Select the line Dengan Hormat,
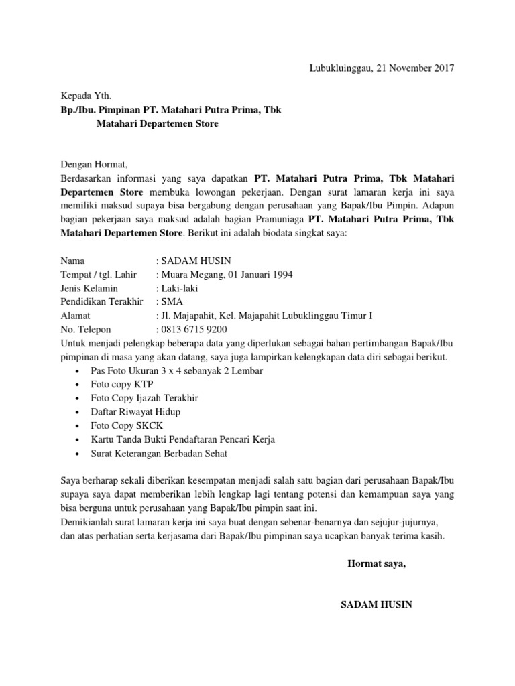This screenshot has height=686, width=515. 93,164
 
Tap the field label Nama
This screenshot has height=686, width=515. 73,261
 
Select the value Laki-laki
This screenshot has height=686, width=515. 179,288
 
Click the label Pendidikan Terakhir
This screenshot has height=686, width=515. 102,302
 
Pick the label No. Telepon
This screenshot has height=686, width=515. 86,330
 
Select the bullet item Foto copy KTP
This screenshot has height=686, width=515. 122,384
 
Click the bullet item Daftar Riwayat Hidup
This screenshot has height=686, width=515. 135,411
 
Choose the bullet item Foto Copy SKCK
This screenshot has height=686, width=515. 127,425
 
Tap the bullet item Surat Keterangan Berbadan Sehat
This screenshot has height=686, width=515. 159,453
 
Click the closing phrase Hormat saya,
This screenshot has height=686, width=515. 376,563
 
